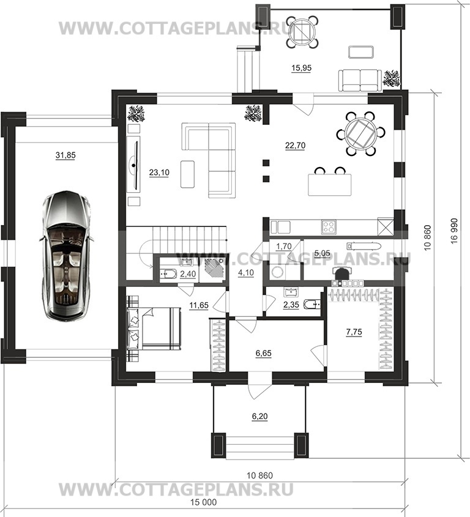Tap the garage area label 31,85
65,155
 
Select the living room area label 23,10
159,173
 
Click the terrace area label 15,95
302,68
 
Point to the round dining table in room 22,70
360,133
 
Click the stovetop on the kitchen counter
329,226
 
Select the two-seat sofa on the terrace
360,80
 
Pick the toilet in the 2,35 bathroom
312,303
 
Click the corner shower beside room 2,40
213,269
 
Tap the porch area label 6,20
259,417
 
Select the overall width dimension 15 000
204,502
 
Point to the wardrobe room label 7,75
354,332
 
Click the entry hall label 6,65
263,354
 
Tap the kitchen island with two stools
329,185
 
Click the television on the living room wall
133,163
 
